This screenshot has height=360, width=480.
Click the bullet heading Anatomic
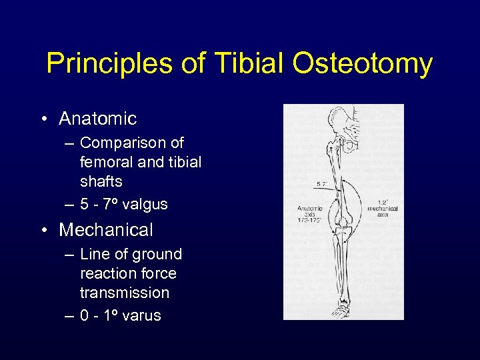coord(97,119)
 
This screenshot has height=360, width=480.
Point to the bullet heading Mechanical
coord(106,230)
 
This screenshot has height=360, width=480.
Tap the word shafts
coord(101,181)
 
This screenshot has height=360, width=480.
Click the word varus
coord(141,315)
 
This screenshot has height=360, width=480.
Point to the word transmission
coord(125,293)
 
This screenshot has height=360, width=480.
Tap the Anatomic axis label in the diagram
coord(309,213)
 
